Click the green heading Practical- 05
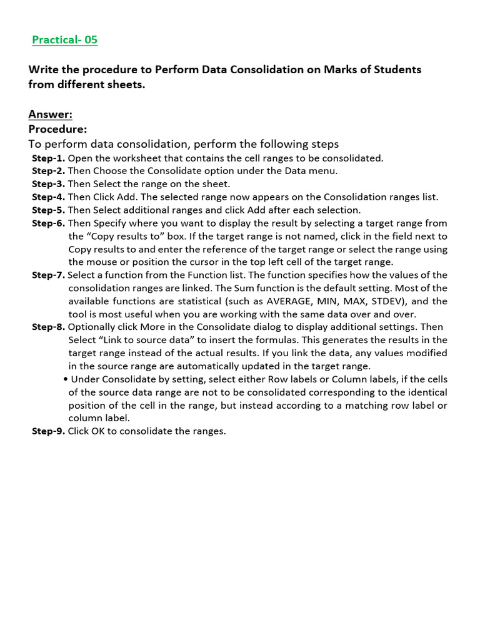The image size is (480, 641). pos(65,40)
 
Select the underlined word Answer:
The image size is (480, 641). pos(51,114)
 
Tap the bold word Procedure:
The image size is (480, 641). pos(57,128)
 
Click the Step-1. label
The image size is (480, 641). pos(49,158)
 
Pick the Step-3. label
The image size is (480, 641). pos(49,184)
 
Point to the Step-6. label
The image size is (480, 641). pos(49,223)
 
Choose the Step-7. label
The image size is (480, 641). pos(49,275)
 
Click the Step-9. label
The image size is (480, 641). pos(49,431)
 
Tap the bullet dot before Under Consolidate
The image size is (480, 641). pos(66,379)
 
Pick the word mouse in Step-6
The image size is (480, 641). pos(101,262)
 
